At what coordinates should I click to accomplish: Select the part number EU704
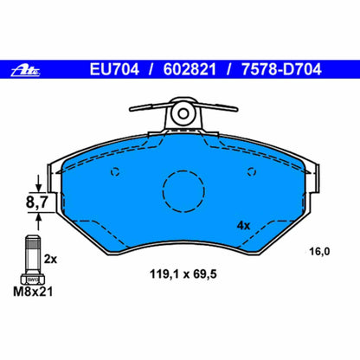(x=122, y=69)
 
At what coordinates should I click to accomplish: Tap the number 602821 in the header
(x=193, y=69)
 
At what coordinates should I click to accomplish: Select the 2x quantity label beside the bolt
(x=50, y=259)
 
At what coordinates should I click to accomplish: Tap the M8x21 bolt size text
(x=37, y=292)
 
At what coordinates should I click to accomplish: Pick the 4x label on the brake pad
(x=243, y=225)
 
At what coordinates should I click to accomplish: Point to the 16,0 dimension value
(x=320, y=252)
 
